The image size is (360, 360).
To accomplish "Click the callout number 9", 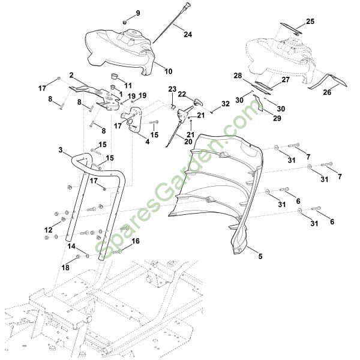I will coord(137,13).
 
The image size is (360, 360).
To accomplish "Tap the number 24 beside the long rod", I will coord(188,34).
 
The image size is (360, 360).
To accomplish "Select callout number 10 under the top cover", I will coord(168,71).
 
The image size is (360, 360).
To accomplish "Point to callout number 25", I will coord(310,22).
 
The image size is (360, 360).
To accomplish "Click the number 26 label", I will coord(328,93).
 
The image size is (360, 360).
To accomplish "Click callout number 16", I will coord(135,241).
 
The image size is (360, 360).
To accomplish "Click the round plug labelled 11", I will coord(112,76).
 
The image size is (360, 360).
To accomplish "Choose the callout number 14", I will coord(71,246).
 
